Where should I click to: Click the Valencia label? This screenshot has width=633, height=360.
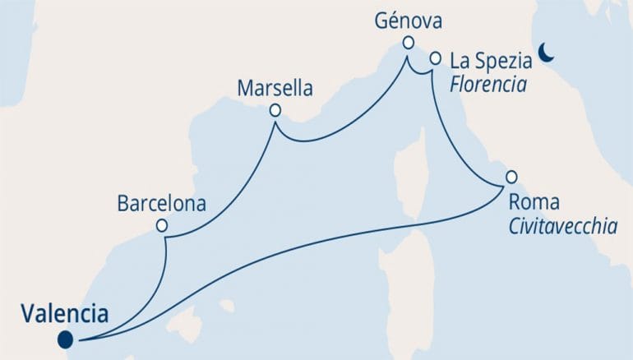point(65,313)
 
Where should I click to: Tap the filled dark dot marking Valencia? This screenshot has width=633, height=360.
point(65,339)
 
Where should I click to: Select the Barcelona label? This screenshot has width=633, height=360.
point(161,202)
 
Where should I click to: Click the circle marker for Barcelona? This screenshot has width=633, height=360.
point(163,225)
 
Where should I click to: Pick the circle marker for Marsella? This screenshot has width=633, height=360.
point(275,110)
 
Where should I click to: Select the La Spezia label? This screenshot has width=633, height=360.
point(489,60)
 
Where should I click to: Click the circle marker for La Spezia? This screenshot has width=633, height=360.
point(436,58)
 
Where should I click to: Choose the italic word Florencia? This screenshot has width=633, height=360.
point(488,84)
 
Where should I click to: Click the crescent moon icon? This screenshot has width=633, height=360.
point(547,53)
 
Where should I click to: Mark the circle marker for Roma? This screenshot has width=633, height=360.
point(511,176)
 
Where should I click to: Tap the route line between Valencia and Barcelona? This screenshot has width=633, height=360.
point(156,288)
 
